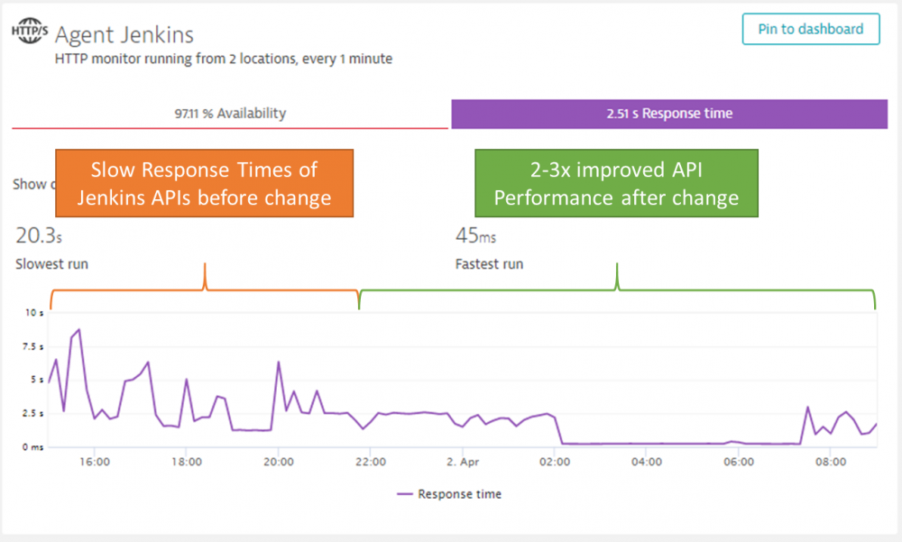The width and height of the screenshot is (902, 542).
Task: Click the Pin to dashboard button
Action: point(810,29)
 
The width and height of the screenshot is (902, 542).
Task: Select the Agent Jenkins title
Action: point(124,35)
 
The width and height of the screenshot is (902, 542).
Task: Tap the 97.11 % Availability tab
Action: point(230,114)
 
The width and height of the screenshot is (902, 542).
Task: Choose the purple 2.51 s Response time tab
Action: point(669,114)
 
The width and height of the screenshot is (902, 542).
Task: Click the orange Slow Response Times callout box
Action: point(205,183)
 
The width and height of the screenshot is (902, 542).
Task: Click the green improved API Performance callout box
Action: point(616,183)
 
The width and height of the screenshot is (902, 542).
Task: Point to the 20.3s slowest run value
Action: point(39,236)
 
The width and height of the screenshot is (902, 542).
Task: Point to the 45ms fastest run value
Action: point(475,236)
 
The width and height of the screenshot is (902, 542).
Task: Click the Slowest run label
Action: point(51,264)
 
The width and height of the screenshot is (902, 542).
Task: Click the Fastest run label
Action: point(489,264)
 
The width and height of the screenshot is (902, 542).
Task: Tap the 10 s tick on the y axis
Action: point(34,313)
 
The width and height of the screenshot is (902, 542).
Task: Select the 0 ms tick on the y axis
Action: point(32,446)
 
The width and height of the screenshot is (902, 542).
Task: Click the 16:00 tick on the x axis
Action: point(94,462)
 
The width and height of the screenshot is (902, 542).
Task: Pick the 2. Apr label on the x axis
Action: point(462,462)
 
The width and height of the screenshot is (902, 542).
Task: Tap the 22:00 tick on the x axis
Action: point(370,462)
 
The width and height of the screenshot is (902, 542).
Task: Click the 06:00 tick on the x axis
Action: point(738,462)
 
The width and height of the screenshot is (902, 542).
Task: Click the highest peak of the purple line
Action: point(79,330)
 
